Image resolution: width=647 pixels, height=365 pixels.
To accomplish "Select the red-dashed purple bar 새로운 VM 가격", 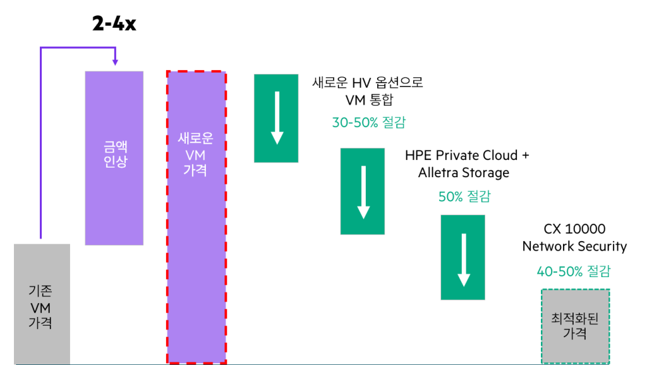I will (196, 253).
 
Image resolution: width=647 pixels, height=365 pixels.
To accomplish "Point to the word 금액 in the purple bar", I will (115, 147).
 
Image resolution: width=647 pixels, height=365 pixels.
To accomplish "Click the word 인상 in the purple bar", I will (115, 161).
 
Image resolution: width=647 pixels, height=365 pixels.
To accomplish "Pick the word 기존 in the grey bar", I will (40, 291).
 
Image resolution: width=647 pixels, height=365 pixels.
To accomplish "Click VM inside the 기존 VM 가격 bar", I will (40, 307).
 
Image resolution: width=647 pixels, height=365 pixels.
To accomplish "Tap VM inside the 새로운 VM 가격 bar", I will (196, 155).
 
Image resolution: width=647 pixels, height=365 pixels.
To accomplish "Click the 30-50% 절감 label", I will (369, 123).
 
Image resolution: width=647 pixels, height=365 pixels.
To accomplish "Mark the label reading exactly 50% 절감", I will (464, 197).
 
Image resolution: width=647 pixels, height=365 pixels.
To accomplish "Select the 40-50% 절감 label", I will (573, 272).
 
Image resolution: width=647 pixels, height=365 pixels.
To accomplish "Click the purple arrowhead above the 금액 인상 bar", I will (115, 63).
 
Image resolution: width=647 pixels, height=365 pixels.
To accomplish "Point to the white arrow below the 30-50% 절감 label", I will (363, 192).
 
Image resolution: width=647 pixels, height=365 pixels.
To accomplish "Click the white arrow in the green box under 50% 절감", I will (463, 259).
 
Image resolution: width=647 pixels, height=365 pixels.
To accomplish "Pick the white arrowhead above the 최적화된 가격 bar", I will (591, 278).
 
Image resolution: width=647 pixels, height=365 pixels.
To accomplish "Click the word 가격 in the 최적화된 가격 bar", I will (575, 333).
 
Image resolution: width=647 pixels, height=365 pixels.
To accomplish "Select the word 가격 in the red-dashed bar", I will (196, 170).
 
